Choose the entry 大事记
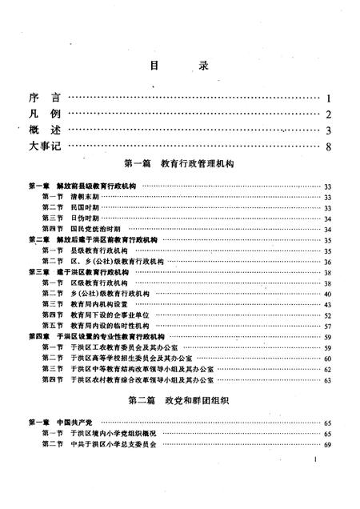(45, 146)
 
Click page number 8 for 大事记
(328, 147)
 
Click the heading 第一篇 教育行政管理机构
(179, 167)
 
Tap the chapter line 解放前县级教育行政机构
(96, 186)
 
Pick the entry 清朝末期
(84, 196)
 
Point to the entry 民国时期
(84, 207)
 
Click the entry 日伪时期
(84, 218)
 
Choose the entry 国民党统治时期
(93, 228)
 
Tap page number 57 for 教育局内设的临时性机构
(327, 326)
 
